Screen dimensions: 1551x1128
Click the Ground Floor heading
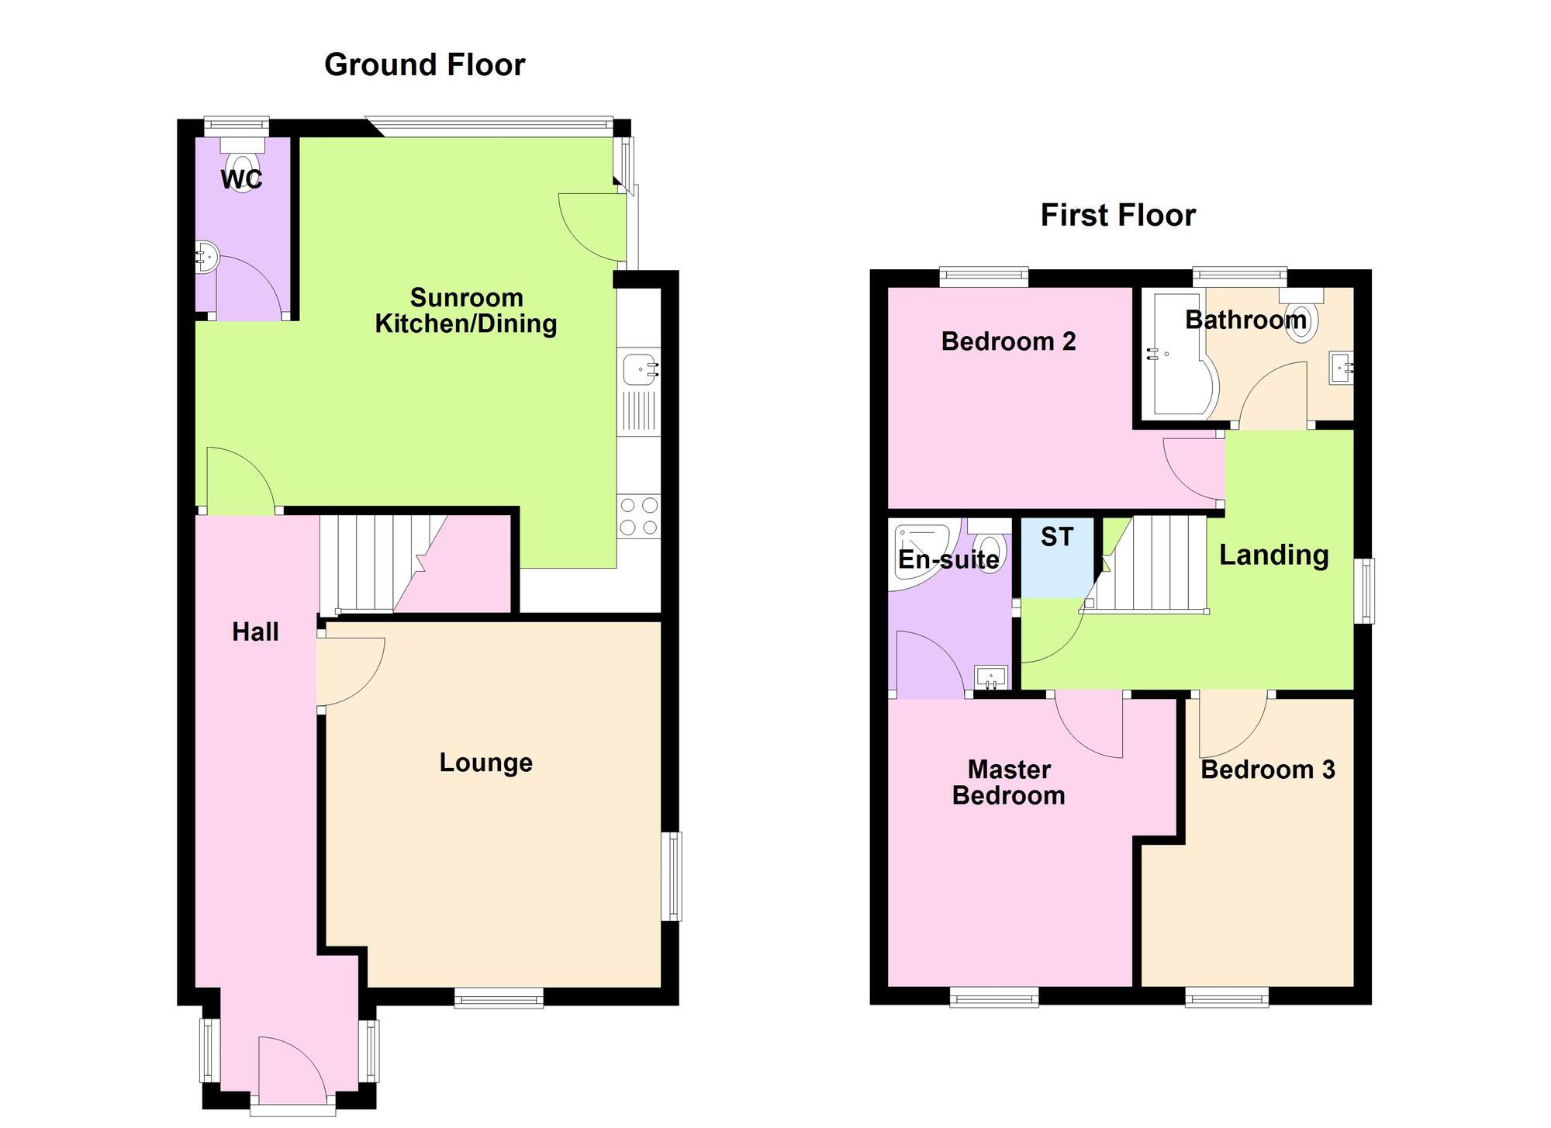[424, 65]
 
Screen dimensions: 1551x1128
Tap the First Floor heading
[1117, 216]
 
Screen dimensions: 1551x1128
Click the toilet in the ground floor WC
[243, 163]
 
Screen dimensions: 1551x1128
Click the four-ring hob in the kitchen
[640, 517]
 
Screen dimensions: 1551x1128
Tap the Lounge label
[485, 763]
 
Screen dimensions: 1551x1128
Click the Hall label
[255, 632]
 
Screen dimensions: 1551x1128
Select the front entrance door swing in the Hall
[293, 1067]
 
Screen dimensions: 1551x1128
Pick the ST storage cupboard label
[1057, 537]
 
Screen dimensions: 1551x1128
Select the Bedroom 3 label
[1268, 770]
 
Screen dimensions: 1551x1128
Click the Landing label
[1274, 555]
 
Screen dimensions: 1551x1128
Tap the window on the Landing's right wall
[1365, 591]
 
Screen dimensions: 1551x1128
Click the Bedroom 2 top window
[984, 277]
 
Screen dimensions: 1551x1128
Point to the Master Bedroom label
[1008, 783]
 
